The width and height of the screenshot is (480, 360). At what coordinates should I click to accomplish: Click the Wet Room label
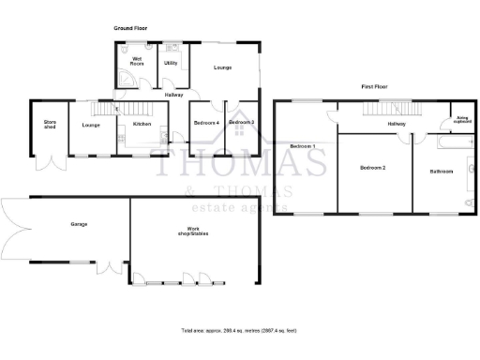click(x=137, y=62)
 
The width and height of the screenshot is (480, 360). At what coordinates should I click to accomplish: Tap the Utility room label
click(x=171, y=63)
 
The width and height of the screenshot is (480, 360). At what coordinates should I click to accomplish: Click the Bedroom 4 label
click(x=206, y=124)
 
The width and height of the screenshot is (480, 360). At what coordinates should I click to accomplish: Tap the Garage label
click(x=79, y=225)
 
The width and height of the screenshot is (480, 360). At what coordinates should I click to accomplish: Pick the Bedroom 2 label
click(x=372, y=168)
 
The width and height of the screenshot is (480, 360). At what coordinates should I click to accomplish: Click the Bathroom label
click(x=441, y=172)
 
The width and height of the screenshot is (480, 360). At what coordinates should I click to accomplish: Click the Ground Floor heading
click(x=130, y=29)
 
